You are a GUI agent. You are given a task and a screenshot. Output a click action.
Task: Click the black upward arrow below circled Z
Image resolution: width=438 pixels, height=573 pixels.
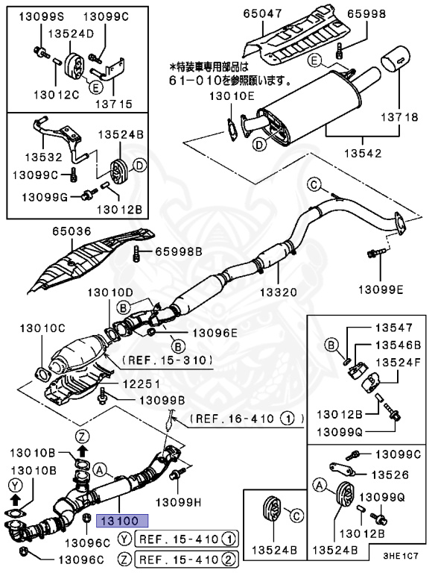click(83, 451)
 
